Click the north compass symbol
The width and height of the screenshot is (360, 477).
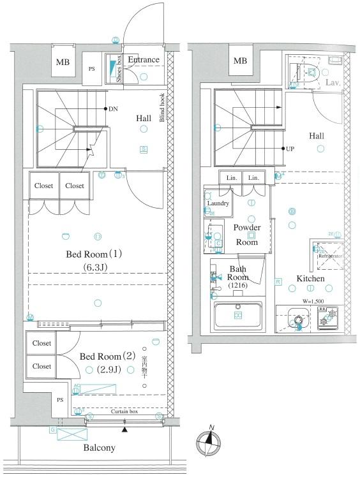209,441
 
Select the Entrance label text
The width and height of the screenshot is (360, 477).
144,61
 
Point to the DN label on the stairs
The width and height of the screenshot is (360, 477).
113,109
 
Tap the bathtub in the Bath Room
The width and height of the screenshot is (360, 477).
237,315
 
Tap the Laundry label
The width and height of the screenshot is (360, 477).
218,203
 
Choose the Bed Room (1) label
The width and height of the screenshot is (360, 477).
94,254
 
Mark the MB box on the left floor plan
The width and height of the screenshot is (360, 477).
63,62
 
